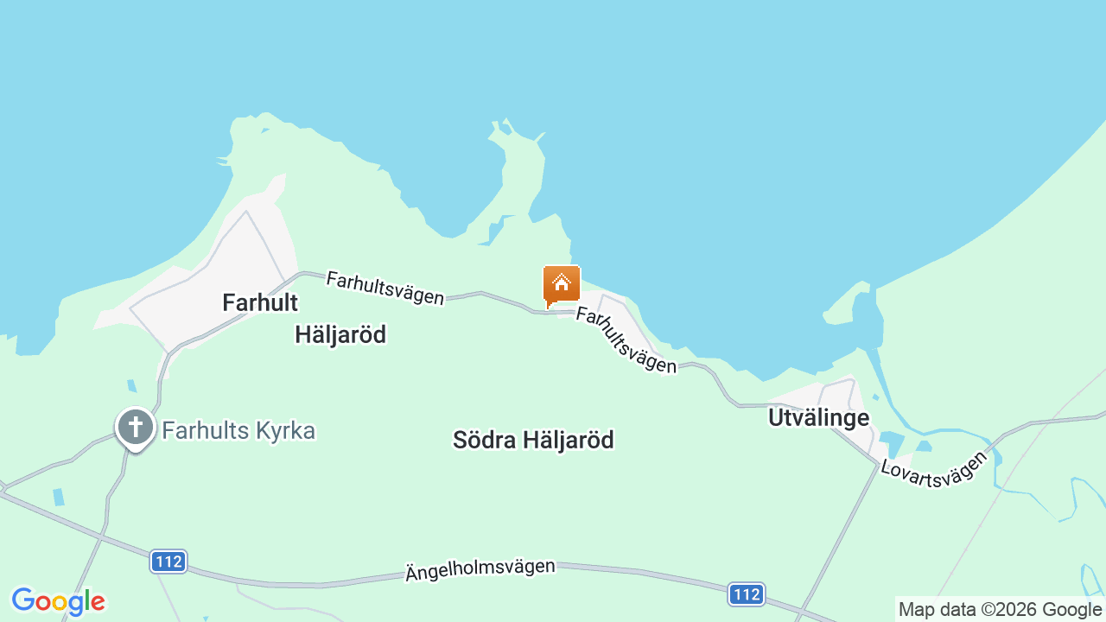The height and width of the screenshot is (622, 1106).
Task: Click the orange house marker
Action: click(562, 285)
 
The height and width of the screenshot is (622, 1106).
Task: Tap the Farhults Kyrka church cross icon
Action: click(136, 427)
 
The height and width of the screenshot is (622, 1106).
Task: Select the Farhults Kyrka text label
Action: click(238, 430)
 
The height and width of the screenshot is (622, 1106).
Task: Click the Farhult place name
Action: click(260, 302)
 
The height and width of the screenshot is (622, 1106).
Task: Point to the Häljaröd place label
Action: click(340, 334)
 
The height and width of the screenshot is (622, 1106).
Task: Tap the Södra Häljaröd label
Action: click(533, 440)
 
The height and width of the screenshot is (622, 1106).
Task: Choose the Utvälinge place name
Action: click(818, 418)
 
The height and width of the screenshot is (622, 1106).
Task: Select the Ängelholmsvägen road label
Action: click(480, 569)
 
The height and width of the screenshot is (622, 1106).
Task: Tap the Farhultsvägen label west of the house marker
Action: click(385, 288)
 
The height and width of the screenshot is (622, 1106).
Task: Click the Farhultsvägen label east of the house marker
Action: click(626, 340)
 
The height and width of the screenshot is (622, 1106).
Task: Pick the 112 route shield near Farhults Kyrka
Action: click(168, 562)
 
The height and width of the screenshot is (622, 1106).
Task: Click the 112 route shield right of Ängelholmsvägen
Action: click(746, 594)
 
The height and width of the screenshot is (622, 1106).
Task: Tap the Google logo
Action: click(58, 601)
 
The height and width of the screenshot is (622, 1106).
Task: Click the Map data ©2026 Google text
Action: click(1000, 609)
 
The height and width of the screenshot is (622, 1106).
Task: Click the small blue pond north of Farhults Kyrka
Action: click(131, 386)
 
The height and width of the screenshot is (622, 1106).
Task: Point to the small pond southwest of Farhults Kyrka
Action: click(58, 497)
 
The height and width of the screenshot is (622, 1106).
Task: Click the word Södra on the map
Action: click(482, 440)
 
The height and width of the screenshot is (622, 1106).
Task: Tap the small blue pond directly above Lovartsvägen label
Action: click(924, 446)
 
